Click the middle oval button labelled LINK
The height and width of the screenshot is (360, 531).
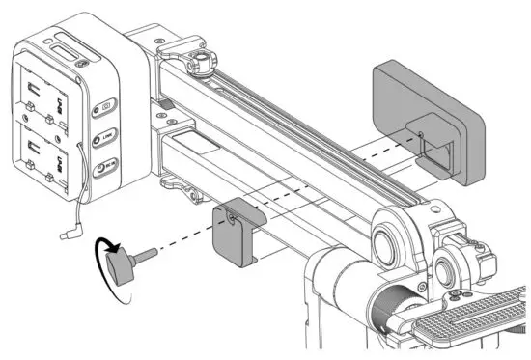tap(103, 138)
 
